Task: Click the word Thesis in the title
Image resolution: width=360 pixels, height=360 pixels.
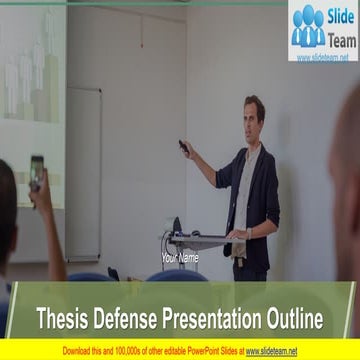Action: [x=63, y=319]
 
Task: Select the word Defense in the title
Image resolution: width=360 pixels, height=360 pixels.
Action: [x=126, y=319]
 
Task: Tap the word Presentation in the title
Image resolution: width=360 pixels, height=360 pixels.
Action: [x=209, y=319]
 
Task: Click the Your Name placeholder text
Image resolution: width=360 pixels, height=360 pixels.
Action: [x=180, y=258]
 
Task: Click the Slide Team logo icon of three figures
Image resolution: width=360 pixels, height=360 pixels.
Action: [x=308, y=27]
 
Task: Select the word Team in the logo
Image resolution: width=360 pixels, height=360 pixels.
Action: [x=342, y=37]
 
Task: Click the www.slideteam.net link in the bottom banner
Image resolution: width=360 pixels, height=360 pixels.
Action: [x=272, y=351]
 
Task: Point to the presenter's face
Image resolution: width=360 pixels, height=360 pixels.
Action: [x=254, y=113]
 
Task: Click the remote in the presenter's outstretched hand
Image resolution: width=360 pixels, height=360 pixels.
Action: [x=183, y=146]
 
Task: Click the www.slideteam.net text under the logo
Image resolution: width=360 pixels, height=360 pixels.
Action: [x=323, y=57]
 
